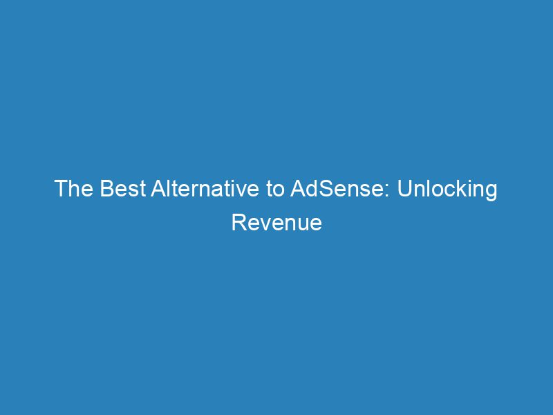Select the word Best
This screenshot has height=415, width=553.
pyautogui.click(x=119, y=190)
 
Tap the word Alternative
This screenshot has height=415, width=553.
pyautogui.click(x=203, y=190)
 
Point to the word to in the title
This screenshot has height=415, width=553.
pyautogui.click(x=275, y=190)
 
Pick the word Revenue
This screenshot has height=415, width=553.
pyautogui.click(x=276, y=223)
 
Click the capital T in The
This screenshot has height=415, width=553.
pyautogui.click(x=61, y=190)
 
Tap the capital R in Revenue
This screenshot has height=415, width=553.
pyautogui.click(x=238, y=223)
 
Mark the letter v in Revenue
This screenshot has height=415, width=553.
pyautogui.click(x=265, y=224)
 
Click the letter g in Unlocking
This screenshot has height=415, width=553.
pyautogui.click(x=490, y=192)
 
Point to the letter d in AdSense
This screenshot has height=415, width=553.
pyautogui.click(x=312, y=190)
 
